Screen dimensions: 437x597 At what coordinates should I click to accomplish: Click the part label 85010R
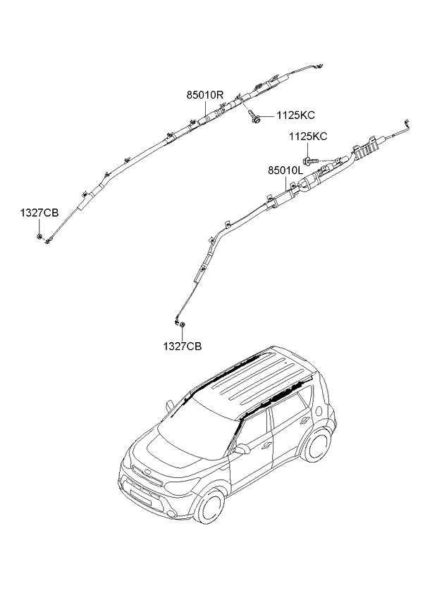205,95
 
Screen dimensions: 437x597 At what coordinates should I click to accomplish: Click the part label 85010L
285,171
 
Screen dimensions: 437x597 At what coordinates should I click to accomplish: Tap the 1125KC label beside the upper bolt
296,115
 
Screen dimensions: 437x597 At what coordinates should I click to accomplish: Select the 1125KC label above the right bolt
308,137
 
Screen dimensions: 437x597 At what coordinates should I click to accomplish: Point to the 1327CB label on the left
39,213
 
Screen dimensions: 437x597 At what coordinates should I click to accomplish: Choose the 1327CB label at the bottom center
183,346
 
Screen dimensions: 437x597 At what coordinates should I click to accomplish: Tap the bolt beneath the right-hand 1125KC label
310,161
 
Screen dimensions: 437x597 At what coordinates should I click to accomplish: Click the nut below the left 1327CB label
39,237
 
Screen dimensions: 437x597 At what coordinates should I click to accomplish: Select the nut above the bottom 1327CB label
183,325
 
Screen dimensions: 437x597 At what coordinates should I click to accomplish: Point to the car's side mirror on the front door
241,450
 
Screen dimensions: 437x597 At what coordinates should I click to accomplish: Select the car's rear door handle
304,420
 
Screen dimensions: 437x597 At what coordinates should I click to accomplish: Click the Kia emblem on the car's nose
147,473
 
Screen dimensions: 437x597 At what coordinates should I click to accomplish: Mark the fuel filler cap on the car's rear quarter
319,410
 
